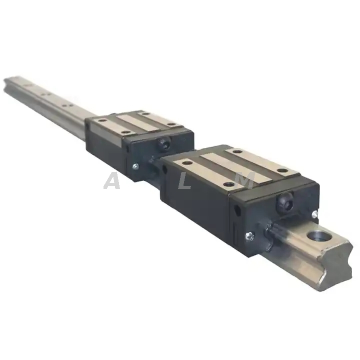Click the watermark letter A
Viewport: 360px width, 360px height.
pos(112,180)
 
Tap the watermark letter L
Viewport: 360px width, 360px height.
pos(185,180)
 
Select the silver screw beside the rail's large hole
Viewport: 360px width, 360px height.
pos(314,214)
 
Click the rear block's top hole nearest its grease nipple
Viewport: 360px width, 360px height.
pos(173,124)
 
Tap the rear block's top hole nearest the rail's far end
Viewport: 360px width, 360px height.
pos(102,120)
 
